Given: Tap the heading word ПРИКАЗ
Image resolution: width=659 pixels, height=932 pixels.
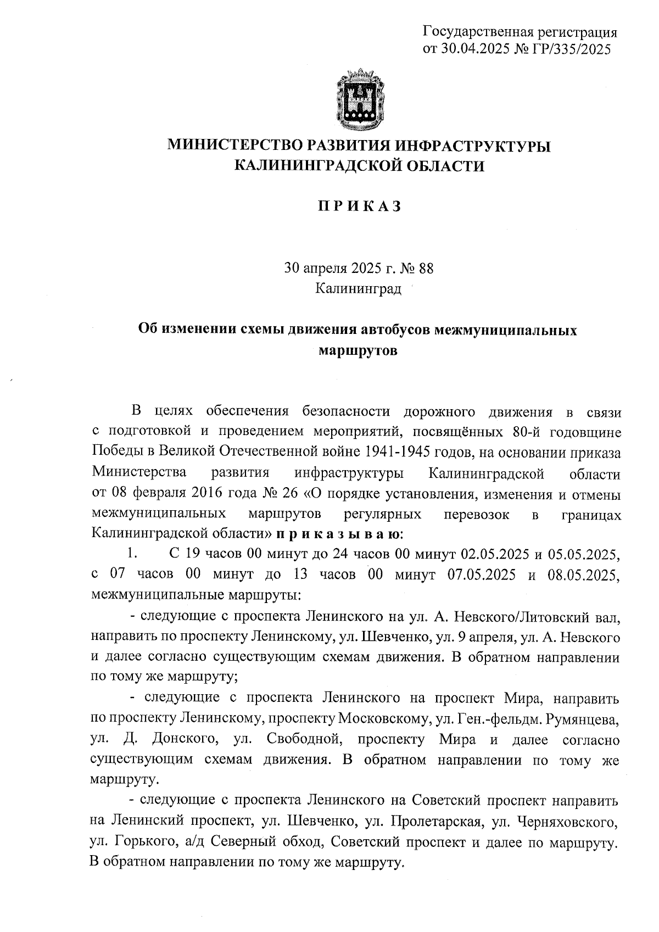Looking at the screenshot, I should coord(359,207).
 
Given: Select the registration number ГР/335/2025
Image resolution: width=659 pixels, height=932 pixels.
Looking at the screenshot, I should coord(572,49).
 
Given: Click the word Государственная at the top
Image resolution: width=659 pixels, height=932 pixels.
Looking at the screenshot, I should coord(477,32).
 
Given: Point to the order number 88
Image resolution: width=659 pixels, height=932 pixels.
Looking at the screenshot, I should coord(426,268).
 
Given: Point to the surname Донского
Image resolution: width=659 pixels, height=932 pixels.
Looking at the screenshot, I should coord(182,739).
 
